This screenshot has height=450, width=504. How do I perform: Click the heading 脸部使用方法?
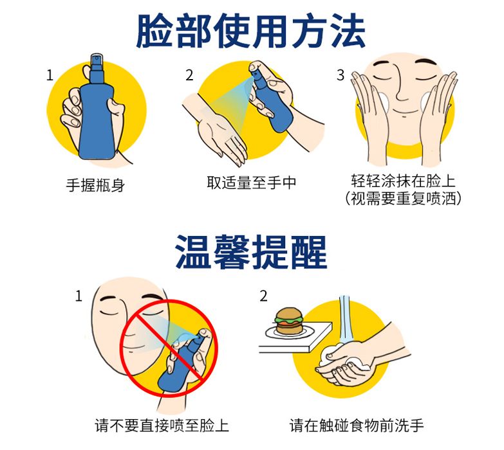[x=251, y=31]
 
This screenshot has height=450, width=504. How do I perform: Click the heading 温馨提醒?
[x=252, y=251]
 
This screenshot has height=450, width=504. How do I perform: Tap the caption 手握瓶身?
[x=95, y=185]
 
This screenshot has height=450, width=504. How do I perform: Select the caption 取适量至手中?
[x=252, y=183]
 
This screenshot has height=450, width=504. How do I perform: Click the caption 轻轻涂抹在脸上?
[x=403, y=181]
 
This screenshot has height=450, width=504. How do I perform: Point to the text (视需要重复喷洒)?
[x=403, y=198]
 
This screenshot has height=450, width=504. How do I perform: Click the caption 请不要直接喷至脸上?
[x=162, y=426]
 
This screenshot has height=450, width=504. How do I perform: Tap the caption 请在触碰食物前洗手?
[x=357, y=426]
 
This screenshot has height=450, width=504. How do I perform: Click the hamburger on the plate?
[x=289, y=321]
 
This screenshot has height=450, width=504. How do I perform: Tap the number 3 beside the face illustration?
[x=341, y=75]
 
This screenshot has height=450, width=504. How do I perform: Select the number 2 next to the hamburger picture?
[x=263, y=296]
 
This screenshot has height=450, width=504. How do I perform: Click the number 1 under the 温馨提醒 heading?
[x=79, y=296]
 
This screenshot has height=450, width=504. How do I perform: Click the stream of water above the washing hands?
[x=346, y=320]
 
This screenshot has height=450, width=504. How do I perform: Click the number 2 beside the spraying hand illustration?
[x=190, y=75]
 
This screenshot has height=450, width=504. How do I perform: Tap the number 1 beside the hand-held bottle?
[x=50, y=75]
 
